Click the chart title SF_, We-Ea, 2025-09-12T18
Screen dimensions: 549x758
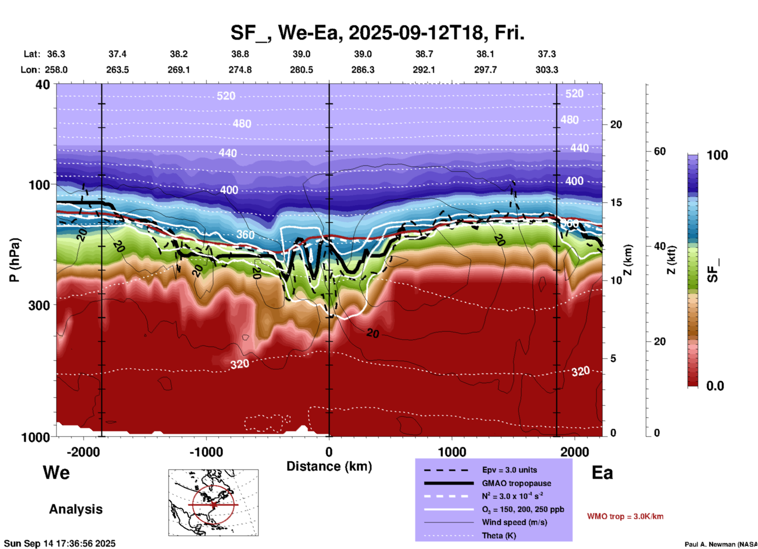click(x=377, y=33)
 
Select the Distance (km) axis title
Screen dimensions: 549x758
click(x=329, y=466)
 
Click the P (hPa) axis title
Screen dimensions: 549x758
click(x=15, y=260)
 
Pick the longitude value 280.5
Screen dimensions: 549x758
click(x=301, y=70)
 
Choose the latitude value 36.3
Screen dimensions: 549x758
click(x=56, y=54)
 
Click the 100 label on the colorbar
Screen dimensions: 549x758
click(x=717, y=155)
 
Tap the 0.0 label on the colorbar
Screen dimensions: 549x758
click(x=715, y=386)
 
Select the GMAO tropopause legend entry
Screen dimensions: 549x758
click(x=516, y=483)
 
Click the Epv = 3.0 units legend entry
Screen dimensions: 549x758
click(x=509, y=470)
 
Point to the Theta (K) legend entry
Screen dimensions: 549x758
click(x=499, y=536)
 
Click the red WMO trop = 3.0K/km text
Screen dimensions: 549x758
click(x=625, y=516)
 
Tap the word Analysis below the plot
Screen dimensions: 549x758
click(x=76, y=509)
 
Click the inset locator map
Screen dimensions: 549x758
click(x=213, y=503)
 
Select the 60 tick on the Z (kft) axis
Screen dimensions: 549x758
click(x=660, y=151)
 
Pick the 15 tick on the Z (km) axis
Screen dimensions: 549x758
click(x=616, y=202)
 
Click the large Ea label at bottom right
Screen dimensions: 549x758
click(x=602, y=473)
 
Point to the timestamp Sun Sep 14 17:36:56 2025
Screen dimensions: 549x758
click(x=60, y=543)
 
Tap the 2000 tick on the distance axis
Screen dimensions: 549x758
click(x=575, y=452)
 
